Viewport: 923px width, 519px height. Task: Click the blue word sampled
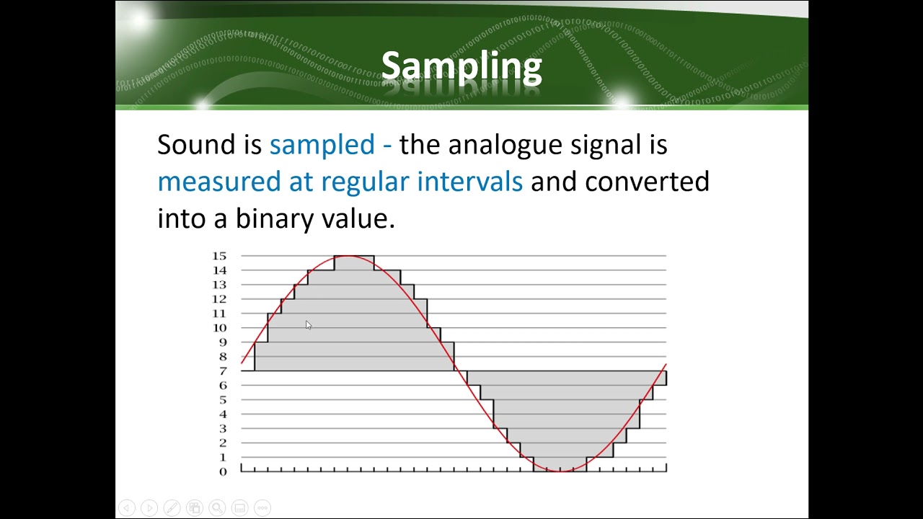[x=322, y=145]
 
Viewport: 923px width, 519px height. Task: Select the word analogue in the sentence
[x=505, y=146]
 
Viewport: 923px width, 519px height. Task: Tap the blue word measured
[x=219, y=182]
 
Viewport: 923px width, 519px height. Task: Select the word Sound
[x=196, y=144]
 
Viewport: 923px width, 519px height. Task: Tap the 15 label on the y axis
[x=219, y=256]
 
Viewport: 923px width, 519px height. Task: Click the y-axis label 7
[x=223, y=371]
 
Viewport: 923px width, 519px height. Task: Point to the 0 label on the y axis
[x=223, y=471]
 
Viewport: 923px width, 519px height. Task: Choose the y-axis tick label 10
[x=219, y=328]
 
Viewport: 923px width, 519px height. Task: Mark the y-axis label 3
[x=223, y=428]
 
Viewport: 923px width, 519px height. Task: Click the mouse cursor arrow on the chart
[x=309, y=325]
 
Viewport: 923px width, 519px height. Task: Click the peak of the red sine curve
[x=348, y=256]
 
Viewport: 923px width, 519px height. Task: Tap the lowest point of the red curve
[x=560, y=471]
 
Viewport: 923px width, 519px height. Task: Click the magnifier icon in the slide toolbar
[x=217, y=507]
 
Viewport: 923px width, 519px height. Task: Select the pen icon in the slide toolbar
[x=172, y=507]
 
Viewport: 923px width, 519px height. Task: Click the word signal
[x=606, y=146]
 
